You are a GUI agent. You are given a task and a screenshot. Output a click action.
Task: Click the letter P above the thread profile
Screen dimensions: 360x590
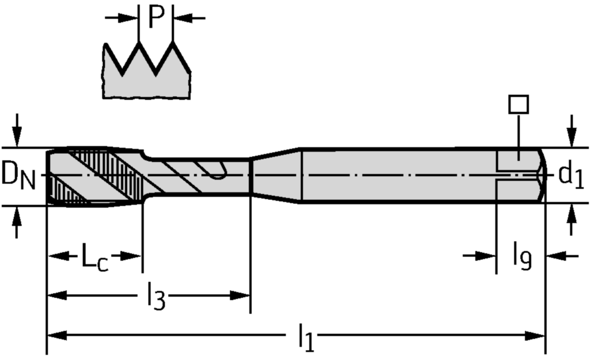click(156, 17)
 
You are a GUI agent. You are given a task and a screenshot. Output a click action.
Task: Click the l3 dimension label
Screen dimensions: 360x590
click(156, 298)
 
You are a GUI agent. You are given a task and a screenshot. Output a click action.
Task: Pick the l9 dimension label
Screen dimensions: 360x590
click(522, 257)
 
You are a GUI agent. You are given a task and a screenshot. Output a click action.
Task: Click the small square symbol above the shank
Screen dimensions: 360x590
click(519, 104)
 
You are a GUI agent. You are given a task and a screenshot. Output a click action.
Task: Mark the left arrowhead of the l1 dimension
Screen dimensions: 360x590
click(55, 335)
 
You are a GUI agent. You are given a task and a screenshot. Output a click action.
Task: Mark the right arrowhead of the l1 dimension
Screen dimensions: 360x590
click(537, 335)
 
